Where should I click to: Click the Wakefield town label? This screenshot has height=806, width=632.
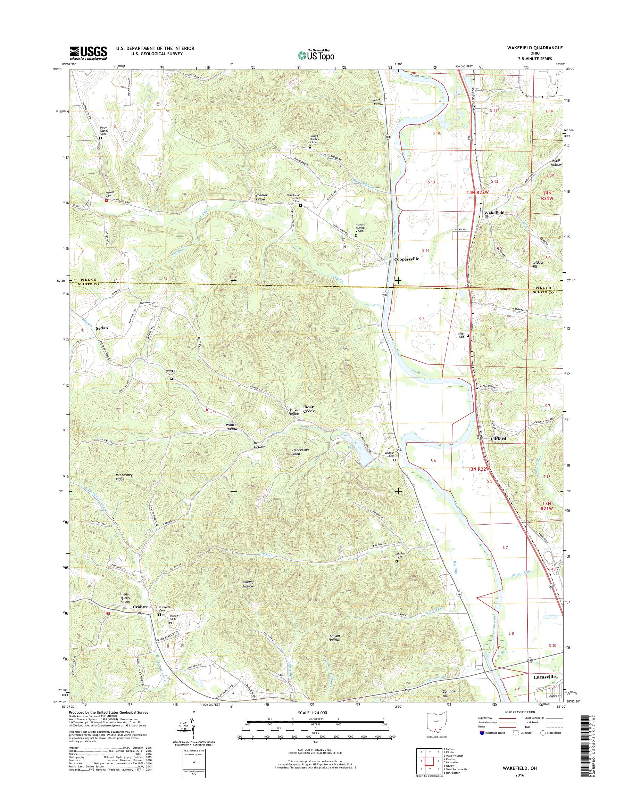coord(494,213)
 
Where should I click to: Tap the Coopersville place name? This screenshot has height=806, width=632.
coord(407,259)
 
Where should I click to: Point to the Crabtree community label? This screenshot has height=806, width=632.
coord(142,607)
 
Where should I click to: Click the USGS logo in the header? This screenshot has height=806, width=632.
coord(88,53)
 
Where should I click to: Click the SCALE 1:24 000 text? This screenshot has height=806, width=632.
coord(316,713)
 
